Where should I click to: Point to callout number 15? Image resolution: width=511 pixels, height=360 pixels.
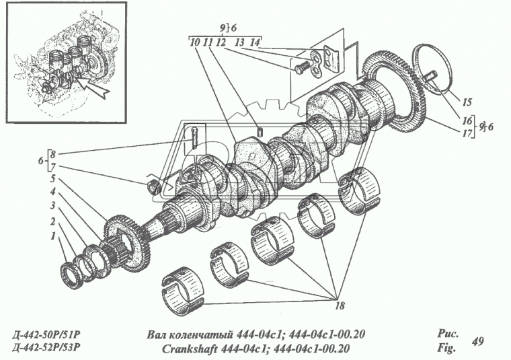point(467,102)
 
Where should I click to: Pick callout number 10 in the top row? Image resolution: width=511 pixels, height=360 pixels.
point(194,42)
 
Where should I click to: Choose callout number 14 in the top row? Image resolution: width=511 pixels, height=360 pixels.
point(254,42)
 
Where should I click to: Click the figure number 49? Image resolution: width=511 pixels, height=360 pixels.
point(478,342)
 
